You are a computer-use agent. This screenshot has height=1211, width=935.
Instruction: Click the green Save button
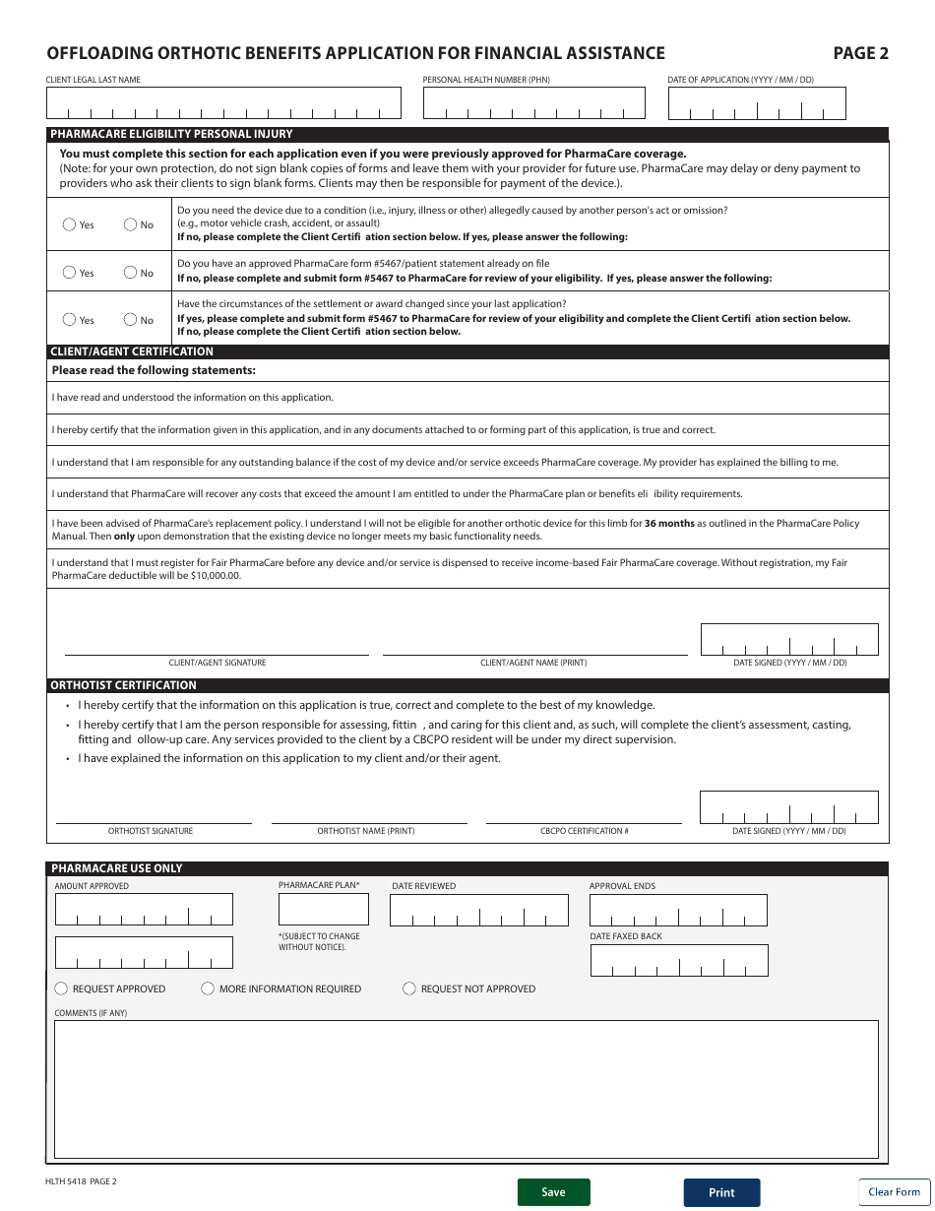[x=553, y=1192]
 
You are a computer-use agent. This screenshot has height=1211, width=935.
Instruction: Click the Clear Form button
[x=894, y=1191]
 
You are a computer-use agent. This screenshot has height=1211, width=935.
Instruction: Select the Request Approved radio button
[x=61, y=988]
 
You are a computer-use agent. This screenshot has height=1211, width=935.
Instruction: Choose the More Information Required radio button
[x=208, y=988]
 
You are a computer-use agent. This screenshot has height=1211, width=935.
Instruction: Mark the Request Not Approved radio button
[x=409, y=988]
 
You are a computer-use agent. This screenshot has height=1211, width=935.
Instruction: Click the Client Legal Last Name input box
[x=223, y=103]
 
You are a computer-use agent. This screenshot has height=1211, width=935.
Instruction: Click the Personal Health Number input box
[x=533, y=103]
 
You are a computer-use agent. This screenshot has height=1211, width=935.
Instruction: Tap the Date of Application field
[x=756, y=103]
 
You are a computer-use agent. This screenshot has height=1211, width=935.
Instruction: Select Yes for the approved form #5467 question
[x=69, y=273]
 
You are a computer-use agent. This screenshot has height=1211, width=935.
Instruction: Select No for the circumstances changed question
[x=130, y=319]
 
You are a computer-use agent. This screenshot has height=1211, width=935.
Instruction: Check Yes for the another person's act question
[x=69, y=224]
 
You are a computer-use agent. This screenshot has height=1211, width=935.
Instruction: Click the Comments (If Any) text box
[x=466, y=1089]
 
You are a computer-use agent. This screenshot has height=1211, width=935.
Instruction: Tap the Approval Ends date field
[x=678, y=911]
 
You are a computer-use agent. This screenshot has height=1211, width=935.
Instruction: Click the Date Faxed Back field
[x=678, y=960]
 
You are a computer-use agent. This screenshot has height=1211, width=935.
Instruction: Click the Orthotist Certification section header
[x=124, y=685]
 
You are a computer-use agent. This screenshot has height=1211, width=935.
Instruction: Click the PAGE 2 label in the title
[x=860, y=54]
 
